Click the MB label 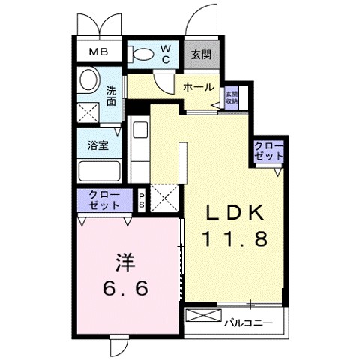pos(98,52)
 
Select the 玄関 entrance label pos(199,54)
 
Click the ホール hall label pos(199,88)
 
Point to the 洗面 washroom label pos(110,96)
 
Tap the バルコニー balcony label pos(248,323)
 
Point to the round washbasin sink pos(88,79)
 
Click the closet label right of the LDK pos(268,151)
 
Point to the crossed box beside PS pos(163,197)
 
